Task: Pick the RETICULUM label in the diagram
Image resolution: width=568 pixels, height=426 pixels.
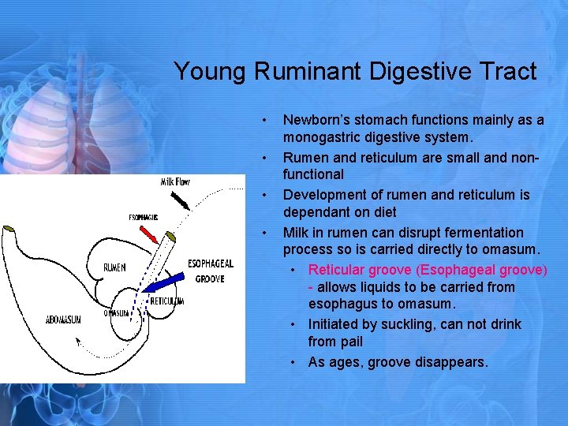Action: tap(166, 301)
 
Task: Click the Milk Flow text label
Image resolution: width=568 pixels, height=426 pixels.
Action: tap(175, 182)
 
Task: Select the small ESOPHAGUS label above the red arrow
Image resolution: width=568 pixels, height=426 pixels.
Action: tap(144, 217)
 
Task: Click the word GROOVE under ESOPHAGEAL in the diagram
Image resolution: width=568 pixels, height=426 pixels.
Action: tap(210, 278)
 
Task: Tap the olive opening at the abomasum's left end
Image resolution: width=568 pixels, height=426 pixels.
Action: tap(9, 229)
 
